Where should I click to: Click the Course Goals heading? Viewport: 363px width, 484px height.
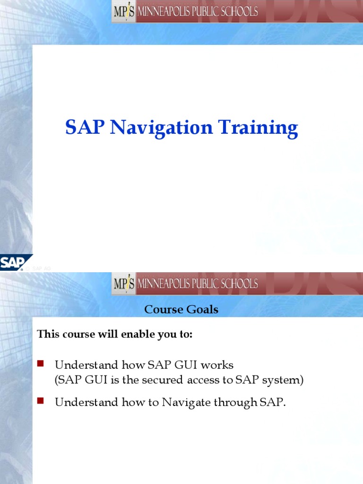181,310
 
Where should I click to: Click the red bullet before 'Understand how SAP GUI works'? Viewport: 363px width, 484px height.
41,363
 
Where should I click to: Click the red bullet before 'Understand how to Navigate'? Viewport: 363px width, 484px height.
41,401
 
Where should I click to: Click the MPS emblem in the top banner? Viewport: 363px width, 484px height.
124,11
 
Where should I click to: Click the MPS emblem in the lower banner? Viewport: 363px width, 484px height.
124,284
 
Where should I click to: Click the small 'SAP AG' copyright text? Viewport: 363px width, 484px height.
41,268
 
